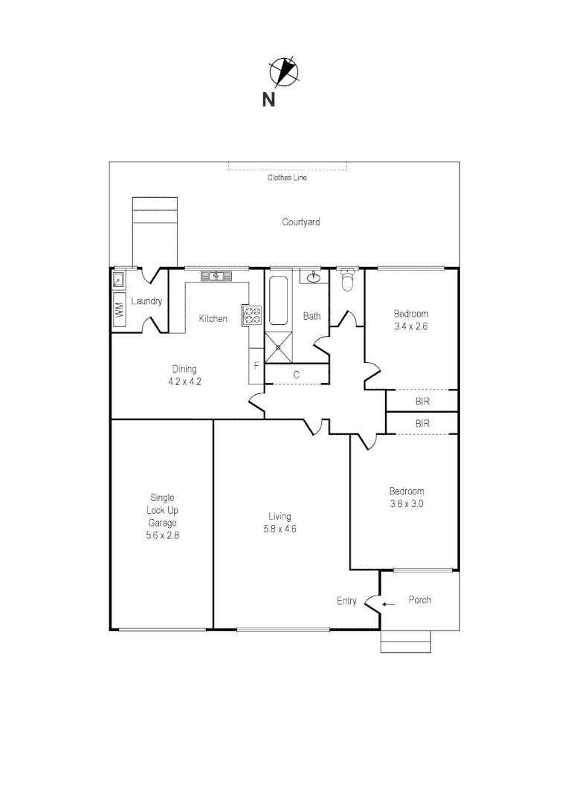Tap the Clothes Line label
[287, 178]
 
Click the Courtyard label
[301, 222]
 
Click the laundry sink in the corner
[118, 280]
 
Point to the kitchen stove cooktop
[252, 315]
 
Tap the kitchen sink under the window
[216, 277]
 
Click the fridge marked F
[256, 366]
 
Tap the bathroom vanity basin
[312, 277]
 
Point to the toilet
[346, 280]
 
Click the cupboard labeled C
[297, 375]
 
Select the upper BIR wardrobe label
[422, 401]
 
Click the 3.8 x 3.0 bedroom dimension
[407, 503]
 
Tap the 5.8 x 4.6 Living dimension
[280, 529]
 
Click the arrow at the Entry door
[388, 604]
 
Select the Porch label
[419, 600]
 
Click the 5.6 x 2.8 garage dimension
[163, 535]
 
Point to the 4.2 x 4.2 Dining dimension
[185, 381]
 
